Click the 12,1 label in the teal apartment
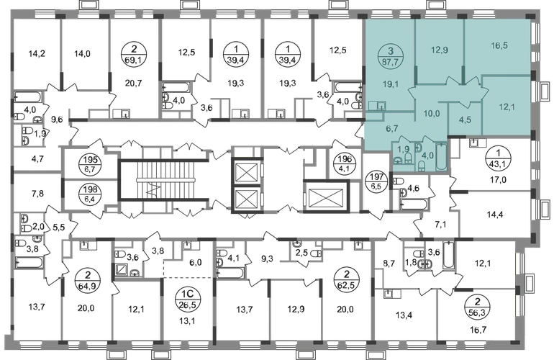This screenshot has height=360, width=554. point(505,107)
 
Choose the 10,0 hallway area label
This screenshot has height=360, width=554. point(432,113)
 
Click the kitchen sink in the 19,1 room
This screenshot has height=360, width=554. point(381,107)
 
